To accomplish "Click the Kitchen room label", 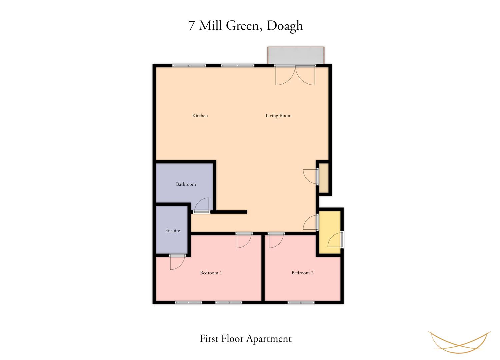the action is [200, 116].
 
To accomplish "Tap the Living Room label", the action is [278, 116].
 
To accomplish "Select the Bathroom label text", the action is [186, 184].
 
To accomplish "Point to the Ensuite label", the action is [173, 231].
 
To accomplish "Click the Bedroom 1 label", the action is [211, 273].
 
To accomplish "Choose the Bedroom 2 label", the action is [302, 273].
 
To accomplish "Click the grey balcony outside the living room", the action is [296, 55].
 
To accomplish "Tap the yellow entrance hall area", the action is [330, 232].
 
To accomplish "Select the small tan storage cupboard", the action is [324, 178].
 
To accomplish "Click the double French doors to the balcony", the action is [295, 75].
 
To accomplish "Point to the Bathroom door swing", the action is [202, 205].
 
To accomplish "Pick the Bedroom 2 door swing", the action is [276, 241].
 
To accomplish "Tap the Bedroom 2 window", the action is [301, 302].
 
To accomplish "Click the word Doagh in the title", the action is [285, 26].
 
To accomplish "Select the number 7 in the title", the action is [191, 26].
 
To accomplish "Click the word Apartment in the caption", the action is [269, 339].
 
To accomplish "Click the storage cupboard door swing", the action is [310, 177].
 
